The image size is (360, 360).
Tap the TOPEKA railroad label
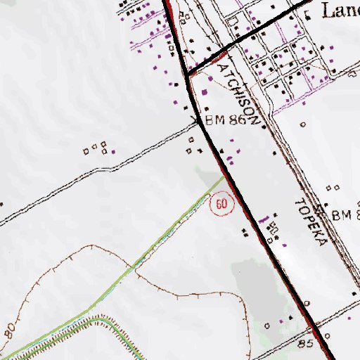click(x=310, y=221)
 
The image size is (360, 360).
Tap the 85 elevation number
click(x=304, y=345)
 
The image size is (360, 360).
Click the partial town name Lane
click(x=340, y=10)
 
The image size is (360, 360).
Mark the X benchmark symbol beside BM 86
click(x=198, y=122)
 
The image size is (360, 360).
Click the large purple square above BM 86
click(x=205, y=91)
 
